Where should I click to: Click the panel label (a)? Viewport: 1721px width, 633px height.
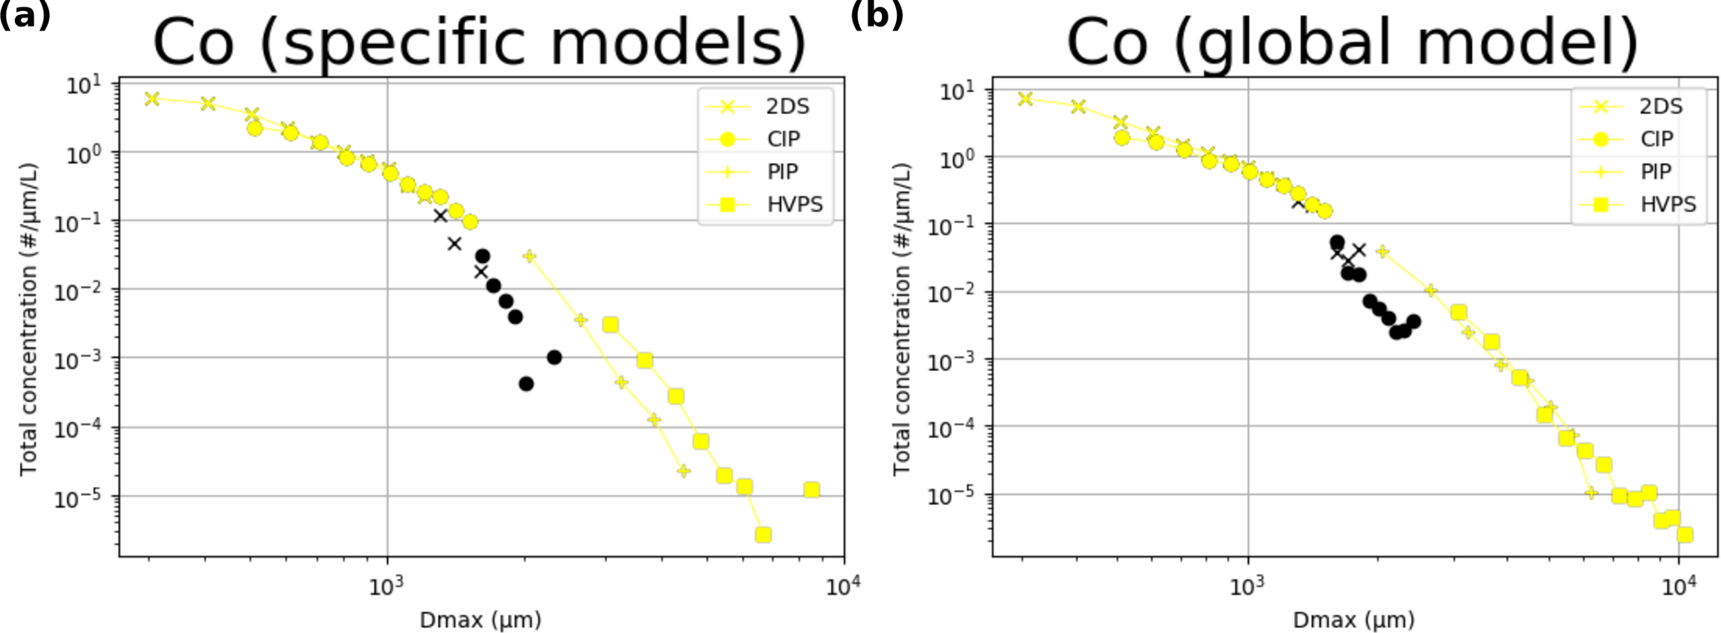[25, 15]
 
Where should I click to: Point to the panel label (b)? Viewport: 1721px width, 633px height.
[876, 15]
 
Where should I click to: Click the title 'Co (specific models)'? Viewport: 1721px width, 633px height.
[480, 42]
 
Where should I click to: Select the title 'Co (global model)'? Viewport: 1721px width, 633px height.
[1352, 42]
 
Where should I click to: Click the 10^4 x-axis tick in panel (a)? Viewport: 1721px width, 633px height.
[843, 587]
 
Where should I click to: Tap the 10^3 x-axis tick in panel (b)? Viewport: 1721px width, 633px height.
[1247, 587]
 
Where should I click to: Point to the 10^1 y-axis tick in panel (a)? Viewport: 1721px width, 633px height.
[83, 85]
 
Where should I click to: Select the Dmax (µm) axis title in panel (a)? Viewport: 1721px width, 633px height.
[480, 620]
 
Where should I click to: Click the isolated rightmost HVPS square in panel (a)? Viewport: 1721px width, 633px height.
[812, 490]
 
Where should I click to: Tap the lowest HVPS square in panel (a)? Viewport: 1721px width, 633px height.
[763, 534]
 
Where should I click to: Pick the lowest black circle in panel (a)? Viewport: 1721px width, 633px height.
[526, 383]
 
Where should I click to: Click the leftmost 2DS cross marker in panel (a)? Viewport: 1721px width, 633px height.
[152, 99]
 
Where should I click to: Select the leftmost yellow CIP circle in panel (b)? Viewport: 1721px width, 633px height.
[1122, 138]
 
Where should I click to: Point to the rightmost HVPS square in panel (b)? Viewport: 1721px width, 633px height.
[1684, 534]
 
